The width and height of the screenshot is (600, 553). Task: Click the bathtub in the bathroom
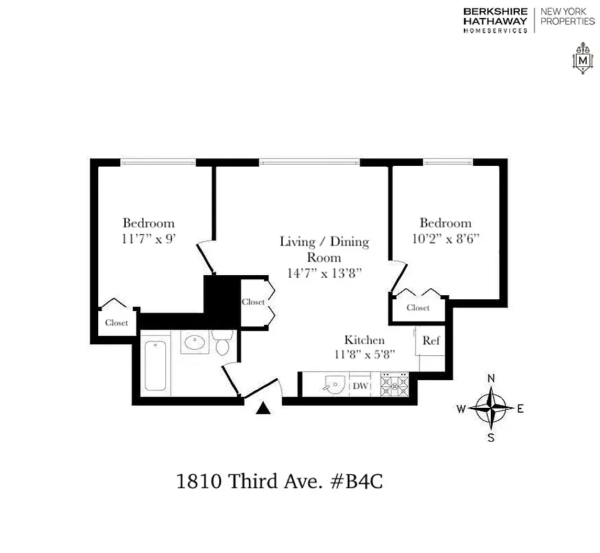156,365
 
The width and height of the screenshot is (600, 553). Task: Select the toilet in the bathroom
223,343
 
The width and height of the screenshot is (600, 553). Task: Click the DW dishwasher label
360,386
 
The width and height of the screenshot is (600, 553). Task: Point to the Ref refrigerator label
431,341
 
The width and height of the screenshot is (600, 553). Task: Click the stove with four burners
395,385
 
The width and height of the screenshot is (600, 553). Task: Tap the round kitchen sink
335,385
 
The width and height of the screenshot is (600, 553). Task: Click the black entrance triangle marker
263,409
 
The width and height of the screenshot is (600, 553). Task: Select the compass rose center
491,407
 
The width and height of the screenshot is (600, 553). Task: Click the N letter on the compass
491,378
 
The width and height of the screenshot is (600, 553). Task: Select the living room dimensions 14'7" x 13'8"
324,272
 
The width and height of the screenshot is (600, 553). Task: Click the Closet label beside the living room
253,302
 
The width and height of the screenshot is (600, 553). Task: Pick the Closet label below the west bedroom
117,323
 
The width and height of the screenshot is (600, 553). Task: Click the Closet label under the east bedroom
418,308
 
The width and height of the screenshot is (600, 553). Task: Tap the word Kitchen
364,340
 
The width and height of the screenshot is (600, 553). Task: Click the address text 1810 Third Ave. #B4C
280,481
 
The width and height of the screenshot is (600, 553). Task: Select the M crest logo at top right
583,60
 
